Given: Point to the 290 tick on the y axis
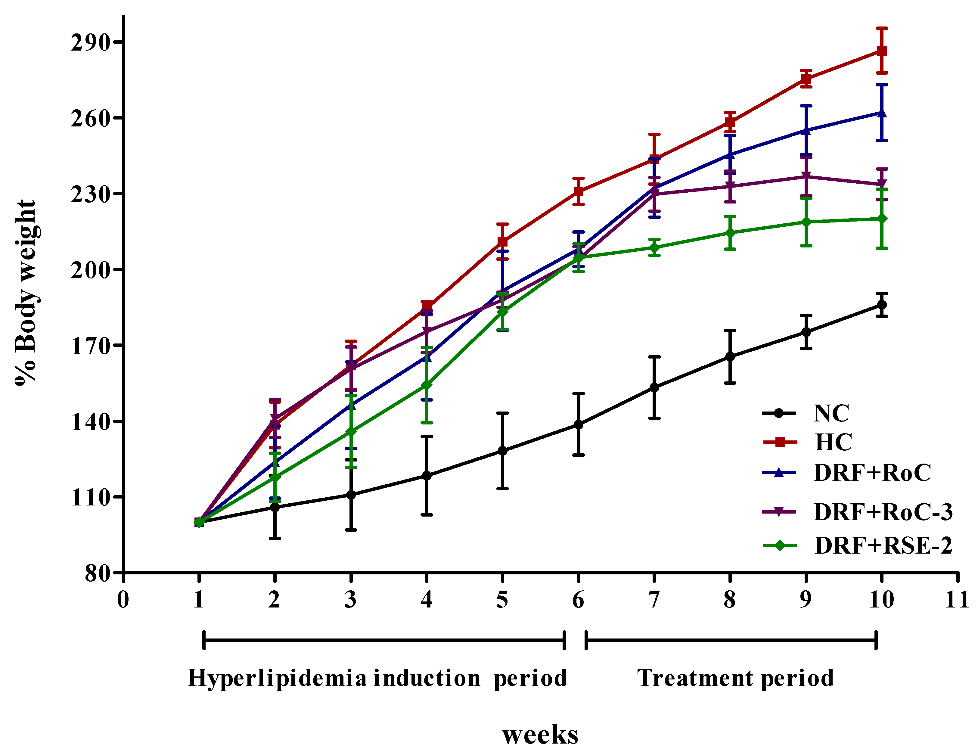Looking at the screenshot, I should coord(90,43).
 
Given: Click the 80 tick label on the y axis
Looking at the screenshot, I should coord(97,573).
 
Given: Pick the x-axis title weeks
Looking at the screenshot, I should coord(540,735).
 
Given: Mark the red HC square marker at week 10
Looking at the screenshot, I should coord(881,51).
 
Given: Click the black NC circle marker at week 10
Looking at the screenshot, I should coord(881,305).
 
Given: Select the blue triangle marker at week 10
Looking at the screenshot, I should coord(881,113).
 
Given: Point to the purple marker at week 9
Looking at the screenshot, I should coord(806,176).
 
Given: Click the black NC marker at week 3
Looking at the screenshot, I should coord(351,495).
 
